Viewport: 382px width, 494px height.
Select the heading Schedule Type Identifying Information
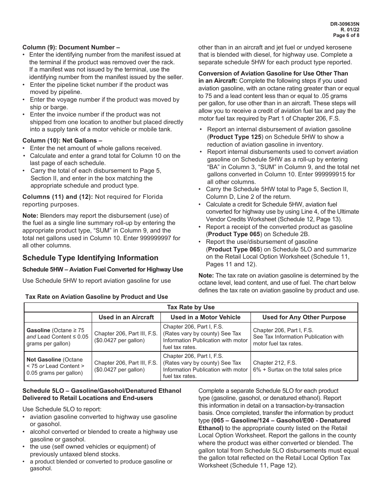tap(90, 258)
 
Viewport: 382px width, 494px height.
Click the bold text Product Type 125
tap(234, 137)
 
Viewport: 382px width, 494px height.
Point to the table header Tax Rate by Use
tap(191, 307)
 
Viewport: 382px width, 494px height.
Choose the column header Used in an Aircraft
tap(126, 317)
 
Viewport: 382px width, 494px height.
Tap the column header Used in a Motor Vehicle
tap(205, 317)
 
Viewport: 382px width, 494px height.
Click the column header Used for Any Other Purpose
tap(304, 317)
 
